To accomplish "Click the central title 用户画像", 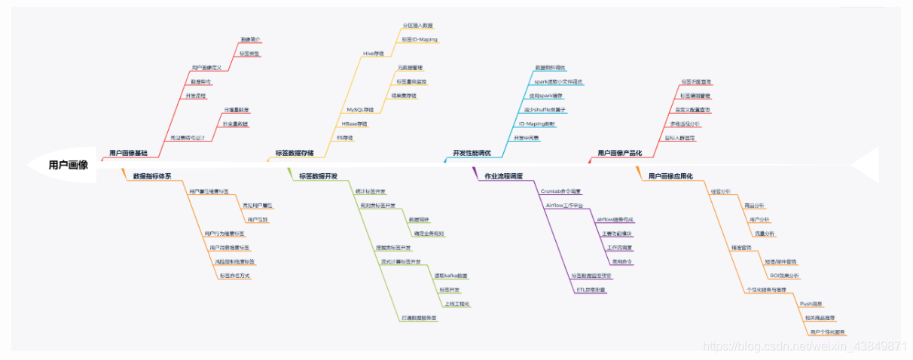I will click(x=68, y=164).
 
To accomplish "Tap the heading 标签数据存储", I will click(x=295, y=153).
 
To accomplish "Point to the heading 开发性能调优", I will click(x=472, y=153).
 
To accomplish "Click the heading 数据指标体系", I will click(x=152, y=176).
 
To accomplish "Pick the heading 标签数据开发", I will click(x=318, y=176).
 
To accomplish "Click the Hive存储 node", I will click(x=374, y=53).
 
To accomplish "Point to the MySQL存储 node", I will click(x=360, y=110).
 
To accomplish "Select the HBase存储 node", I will click(x=355, y=124).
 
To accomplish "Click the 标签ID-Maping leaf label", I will click(x=420, y=39).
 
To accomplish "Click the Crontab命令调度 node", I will click(x=561, y=191).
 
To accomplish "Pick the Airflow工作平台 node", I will click(x=565, y=205).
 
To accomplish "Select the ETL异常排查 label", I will click(x=591, y=289).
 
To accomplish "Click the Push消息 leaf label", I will click(x=811, y=304).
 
